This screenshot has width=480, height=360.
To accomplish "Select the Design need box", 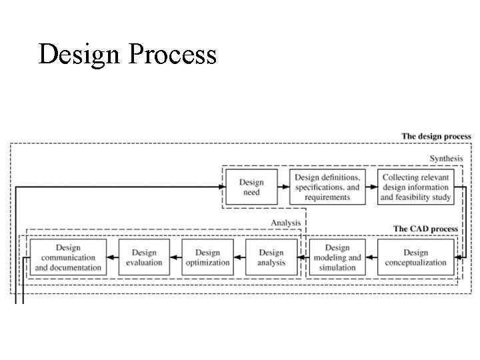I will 251,187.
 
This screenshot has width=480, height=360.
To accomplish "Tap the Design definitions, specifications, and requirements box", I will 327,187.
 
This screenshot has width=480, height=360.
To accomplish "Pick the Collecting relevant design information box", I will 415,187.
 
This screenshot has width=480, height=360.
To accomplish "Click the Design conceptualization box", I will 415,257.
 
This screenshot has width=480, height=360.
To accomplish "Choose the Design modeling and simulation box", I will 337,257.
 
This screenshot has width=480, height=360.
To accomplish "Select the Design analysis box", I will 271,257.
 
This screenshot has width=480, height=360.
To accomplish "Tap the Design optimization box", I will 207,257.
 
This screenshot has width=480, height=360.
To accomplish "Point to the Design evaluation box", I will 144,257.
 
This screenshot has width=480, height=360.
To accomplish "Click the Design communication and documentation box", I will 68,257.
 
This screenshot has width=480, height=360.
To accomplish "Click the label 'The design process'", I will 436,137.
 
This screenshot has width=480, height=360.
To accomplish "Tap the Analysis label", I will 285,223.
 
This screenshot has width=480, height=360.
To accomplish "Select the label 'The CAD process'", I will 425,229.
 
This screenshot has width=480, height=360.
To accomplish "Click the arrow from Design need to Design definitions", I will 283,187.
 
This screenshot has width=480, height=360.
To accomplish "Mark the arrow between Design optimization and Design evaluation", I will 175,257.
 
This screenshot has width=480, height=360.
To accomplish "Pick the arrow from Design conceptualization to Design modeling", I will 371,257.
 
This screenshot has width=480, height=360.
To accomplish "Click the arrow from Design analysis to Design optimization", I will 239,257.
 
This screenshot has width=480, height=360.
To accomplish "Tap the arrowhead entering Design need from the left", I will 221,187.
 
